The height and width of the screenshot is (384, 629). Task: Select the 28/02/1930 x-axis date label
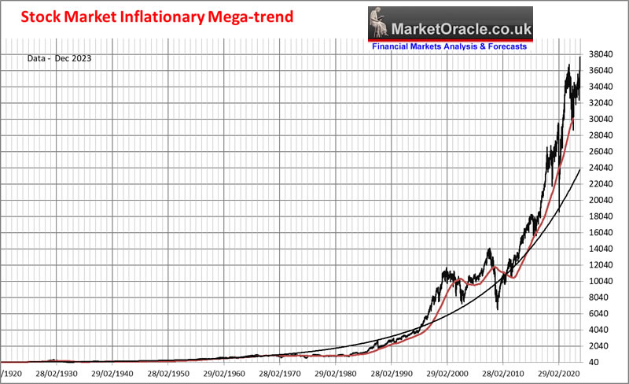point(57,375)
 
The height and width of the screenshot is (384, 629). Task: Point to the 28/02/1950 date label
point(171,375)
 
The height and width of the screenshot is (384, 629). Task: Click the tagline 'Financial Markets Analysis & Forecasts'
point(449,46)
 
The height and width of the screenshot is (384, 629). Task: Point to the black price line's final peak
point(579,57)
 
